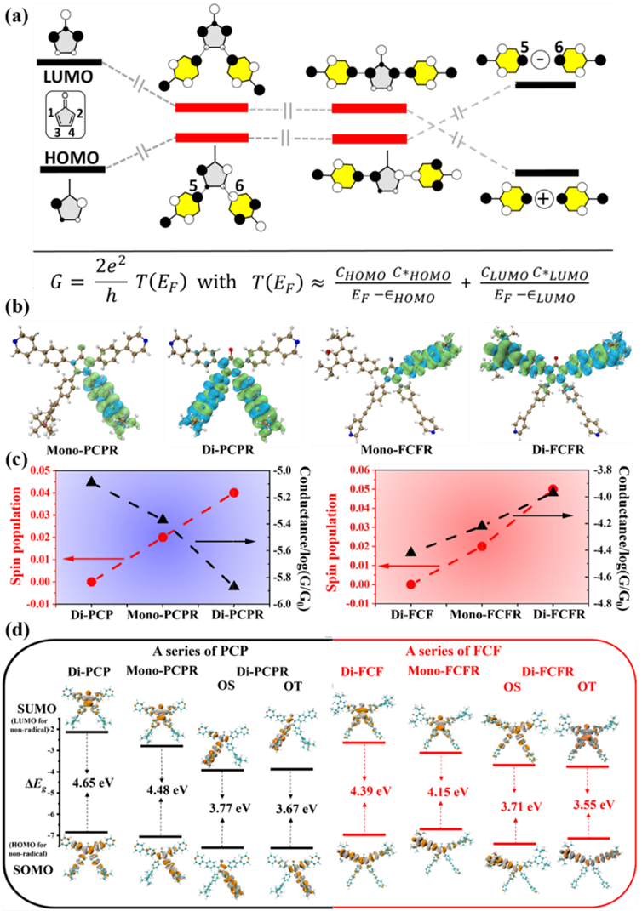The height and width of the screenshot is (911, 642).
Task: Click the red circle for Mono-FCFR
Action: [x=482, y=546]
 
